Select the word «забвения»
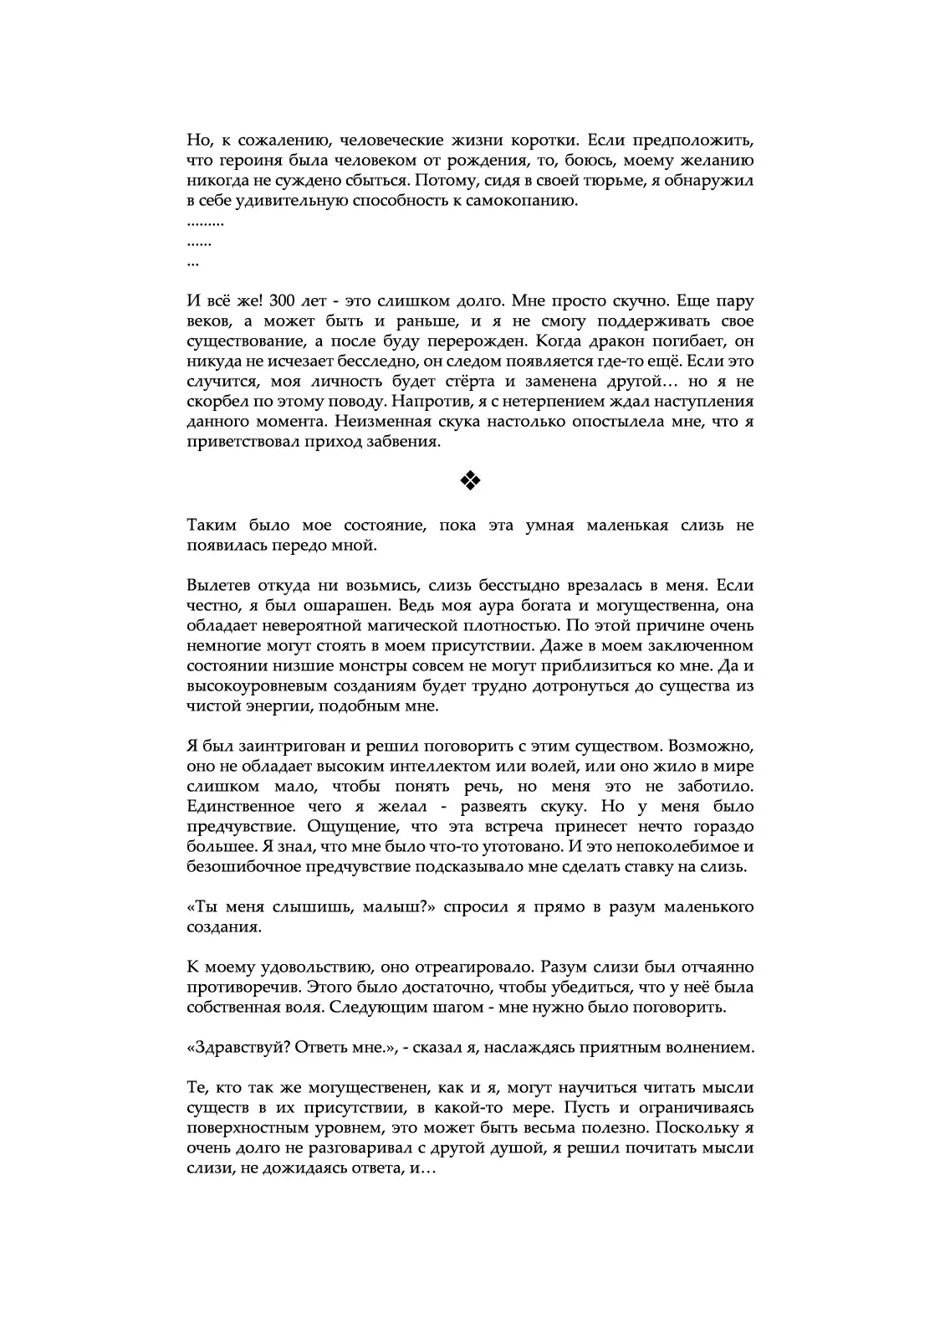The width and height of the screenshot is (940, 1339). tap(405, 442)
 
